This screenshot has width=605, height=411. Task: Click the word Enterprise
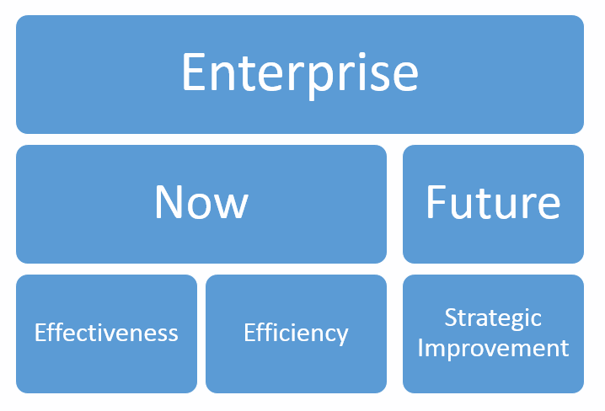pyautogui.click(x=300, y=74)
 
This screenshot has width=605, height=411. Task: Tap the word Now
pyautogui.click(x=201, y=201)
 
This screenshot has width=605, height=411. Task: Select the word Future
pyautogui.click(x=493, y=201)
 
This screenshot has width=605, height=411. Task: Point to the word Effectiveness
pyautogui.click(x=106, y=333)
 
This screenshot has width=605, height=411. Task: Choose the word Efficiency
pyautogui.click(x=296, y=334)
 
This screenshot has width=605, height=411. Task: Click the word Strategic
pyautogui.click(x=493, y=318)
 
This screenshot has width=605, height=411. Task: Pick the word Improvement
pyautogui.click(x=493, y=349)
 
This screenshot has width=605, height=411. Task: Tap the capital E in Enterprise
pyautogui.click(x=193, y=72)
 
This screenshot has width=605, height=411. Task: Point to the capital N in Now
pyautogui.click(x=168, y=201)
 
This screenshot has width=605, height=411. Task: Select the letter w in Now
pyautogui.click(x=231, y=206)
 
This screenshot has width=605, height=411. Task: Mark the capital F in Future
pyautogui.click(x=436, y=201)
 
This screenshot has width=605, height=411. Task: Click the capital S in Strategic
pyautogui.click(x=450, y=318)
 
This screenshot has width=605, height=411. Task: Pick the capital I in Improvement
pyautogui.click(x=420, y=348)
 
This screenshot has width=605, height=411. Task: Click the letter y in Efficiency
pyautogui.click(x=341, y=337)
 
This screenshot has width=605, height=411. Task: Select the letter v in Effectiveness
pyautogui.click(x=121, y=334)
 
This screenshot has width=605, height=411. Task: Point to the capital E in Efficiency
pyautogui.click(x=249, y=333)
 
